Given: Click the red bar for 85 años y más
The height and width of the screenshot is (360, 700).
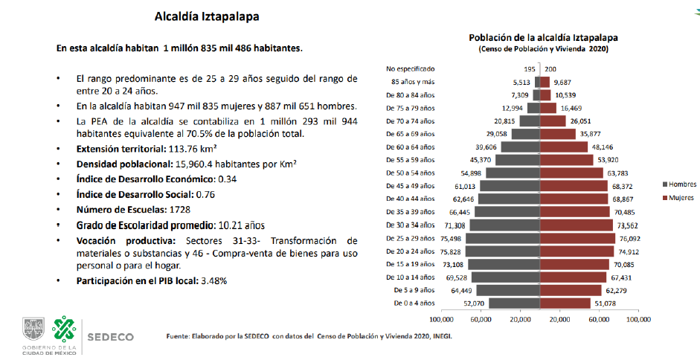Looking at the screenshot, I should pos(545,82).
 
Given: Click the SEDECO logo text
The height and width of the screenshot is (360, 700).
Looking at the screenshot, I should pos(111,336).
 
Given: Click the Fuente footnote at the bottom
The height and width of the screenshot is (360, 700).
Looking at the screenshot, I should pos(309,337).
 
